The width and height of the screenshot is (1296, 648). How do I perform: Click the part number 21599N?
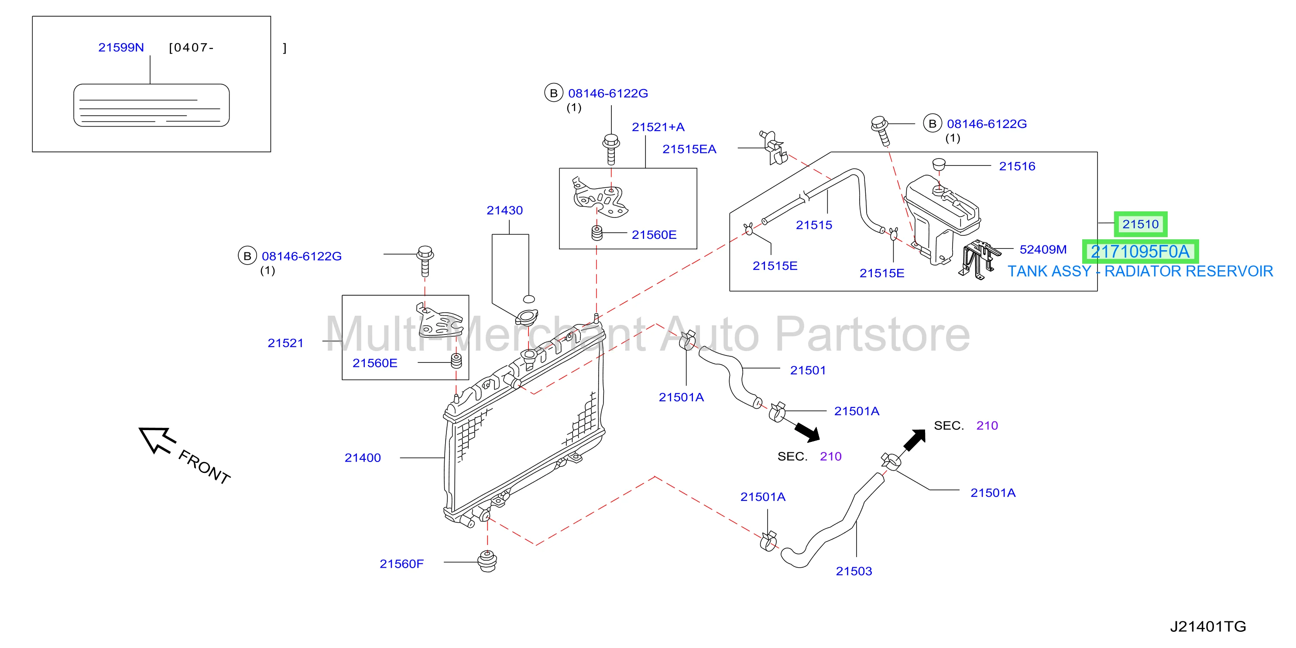click(x=121, y=47)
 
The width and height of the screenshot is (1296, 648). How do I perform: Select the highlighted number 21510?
click(x=1140, y=224)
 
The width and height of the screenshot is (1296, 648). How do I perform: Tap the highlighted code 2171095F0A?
click(x=1140, y=251)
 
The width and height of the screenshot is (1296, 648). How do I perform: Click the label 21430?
click(x=504, y=210)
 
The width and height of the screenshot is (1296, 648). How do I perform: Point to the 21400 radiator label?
click(x=363, y=458)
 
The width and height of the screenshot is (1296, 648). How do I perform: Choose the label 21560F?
click(x=401, y=563)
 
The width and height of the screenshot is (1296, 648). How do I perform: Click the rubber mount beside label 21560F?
click(x=487, y=561)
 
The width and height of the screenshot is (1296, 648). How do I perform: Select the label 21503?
click(x=854, y=571)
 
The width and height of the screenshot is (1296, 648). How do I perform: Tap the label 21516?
click(x=1017, y=166)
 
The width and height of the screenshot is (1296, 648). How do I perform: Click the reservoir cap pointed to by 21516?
click(x=939, y=164)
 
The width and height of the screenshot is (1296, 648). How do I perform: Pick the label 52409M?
click(x=1043, y=249)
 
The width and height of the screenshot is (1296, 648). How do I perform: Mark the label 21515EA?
click(x=689, y=149)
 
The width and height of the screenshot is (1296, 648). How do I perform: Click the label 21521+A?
click(x=658, y=127)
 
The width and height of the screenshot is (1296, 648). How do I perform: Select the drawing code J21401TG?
click(x=1207, y=626)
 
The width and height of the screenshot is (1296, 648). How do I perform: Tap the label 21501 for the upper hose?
click(x=808, y=370)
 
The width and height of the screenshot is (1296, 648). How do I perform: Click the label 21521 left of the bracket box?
click(x=285, y=343)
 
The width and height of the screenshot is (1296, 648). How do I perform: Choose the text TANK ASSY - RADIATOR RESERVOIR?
click(x=1140, y=272)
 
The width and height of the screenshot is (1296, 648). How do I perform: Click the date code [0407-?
click(x=192, y=47)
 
